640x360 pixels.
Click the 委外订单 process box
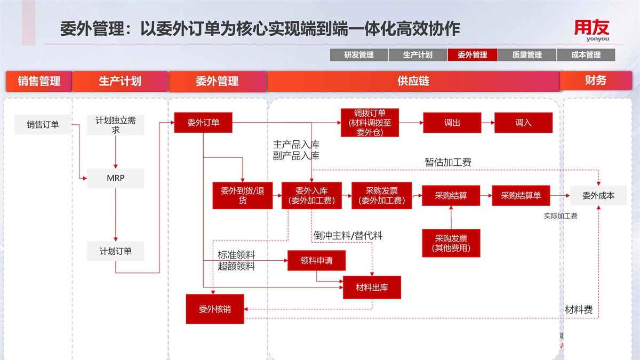[x=204, y=123]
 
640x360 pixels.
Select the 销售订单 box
[x=43, y=125]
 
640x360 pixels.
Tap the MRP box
[x=115, y=178]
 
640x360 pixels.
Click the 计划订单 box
[x=115, y=251]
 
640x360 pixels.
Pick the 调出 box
[x=452, y=123]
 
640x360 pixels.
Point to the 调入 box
[x=523, y=123]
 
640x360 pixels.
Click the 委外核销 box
[x=215, y=309]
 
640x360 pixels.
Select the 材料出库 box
[x=372, y=287]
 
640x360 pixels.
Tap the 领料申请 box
[x=316, y=260]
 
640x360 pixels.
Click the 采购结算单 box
[x=521, y=196]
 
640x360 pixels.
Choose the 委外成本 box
[x=598, y=196]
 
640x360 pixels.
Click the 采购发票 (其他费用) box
[x=451, y=243]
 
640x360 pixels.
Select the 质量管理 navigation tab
[x=527, y=55]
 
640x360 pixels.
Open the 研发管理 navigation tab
[x=359, y=55]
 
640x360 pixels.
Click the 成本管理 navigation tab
[x=586, y=55]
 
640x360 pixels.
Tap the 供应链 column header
[x=413, y=81]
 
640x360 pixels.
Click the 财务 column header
[x=596, y=81]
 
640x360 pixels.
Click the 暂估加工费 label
[x=448, y=162]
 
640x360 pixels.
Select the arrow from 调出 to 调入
[x=487, y=123]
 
